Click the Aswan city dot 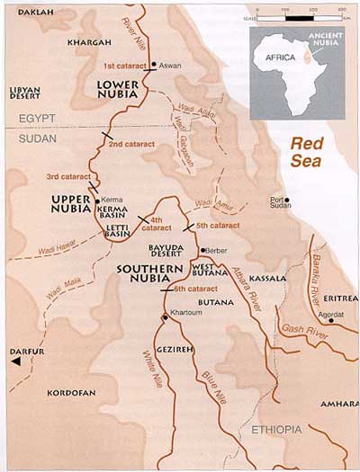click(154, 65)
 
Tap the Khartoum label click(184, 318)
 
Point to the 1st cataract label click(123, 67)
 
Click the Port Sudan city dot click(274, 200)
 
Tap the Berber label click(217, 249)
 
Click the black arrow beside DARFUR click(15, 361)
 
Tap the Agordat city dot click(331, 320)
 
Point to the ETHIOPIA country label click(276, 429)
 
